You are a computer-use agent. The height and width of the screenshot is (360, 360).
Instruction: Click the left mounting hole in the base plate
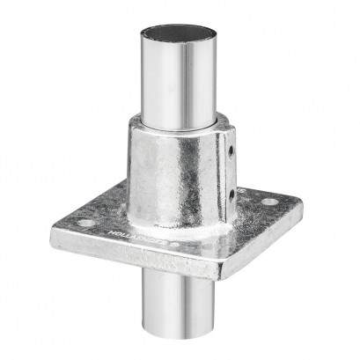click(x=84, y=222)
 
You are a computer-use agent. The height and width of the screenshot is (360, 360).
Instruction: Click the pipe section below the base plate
click(x=181, y=304)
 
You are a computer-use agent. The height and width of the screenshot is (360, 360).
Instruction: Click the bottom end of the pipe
click(x=181, y=347)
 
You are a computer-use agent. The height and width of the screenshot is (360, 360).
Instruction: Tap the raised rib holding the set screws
click(x=231, y=173)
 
